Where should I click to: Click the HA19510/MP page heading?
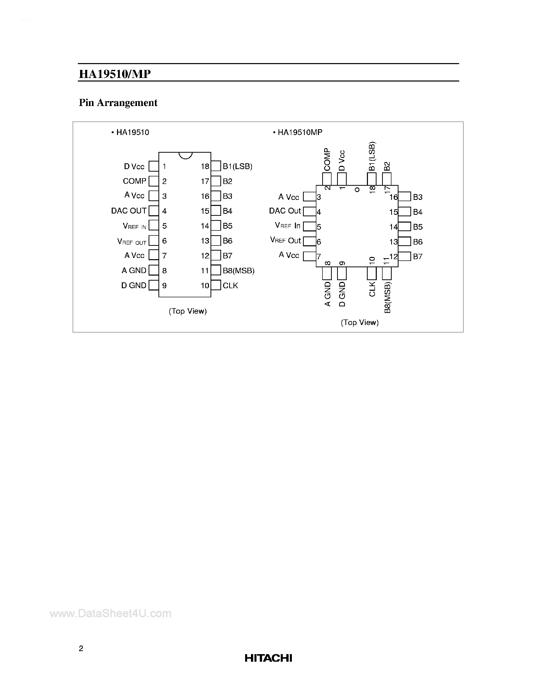[x=114, y=74]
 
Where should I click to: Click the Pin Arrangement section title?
[x=118, y=103]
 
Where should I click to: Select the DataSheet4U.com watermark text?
[x=110, y=613]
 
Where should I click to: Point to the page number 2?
[x=81, y=649]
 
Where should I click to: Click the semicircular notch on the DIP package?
[x=185, y=155]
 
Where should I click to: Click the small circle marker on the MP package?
[x=357, y=190]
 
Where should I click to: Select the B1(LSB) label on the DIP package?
[x=237, y=167]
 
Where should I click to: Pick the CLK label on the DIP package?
[x=230, y=286]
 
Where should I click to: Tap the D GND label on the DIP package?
[x=134, y=286]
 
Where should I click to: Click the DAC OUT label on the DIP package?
[x=129, y=211]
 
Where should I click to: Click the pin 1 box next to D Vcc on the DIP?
[x=154, y=166]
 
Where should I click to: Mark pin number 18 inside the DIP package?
[x=205, y=167]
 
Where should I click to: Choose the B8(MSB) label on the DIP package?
[x=238, y=271]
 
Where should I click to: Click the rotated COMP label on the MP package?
[x=327, y=160]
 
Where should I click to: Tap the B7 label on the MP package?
[x=417, y=257]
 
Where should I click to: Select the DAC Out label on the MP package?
[x=285, y=211]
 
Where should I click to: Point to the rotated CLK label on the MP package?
[x=372, y=289]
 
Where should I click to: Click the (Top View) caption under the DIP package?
[x=188, y=311]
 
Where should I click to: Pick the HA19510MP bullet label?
[x=300, y=132]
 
